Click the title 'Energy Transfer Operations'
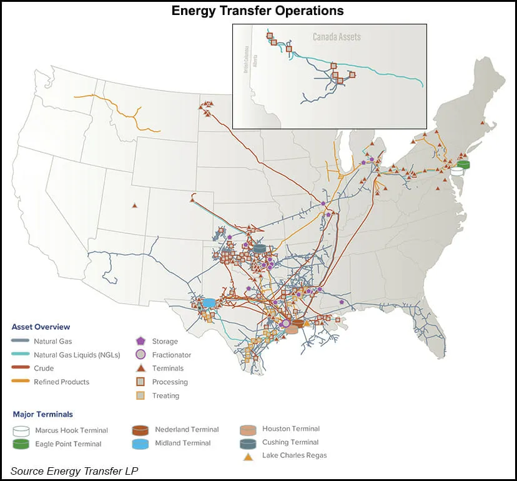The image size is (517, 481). point(258,11)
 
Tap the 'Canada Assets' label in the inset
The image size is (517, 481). point(337,37)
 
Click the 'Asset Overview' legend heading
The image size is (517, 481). point(41,327)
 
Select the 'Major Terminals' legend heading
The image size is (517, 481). point(42,414)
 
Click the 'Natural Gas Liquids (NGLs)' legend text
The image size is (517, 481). point(77,355)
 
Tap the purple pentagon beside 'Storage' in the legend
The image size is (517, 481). point(140,342)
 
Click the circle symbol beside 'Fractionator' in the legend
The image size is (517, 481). point(140,355)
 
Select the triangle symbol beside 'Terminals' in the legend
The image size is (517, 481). point(140,368)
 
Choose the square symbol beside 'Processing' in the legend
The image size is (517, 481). point(140,382)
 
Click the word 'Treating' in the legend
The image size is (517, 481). point(165,395)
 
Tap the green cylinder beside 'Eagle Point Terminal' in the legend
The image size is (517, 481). point(21,444)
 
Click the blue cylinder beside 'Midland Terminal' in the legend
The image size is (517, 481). point(140,443)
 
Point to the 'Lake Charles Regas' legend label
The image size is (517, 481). point(294,455)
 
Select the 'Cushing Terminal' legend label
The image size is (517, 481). point(290,443)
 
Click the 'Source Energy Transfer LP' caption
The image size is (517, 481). point(74,470)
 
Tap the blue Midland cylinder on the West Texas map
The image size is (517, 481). point(209,303)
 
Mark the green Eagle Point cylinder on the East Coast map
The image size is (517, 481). point(463,164)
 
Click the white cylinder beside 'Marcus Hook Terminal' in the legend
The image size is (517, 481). point(21,430)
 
